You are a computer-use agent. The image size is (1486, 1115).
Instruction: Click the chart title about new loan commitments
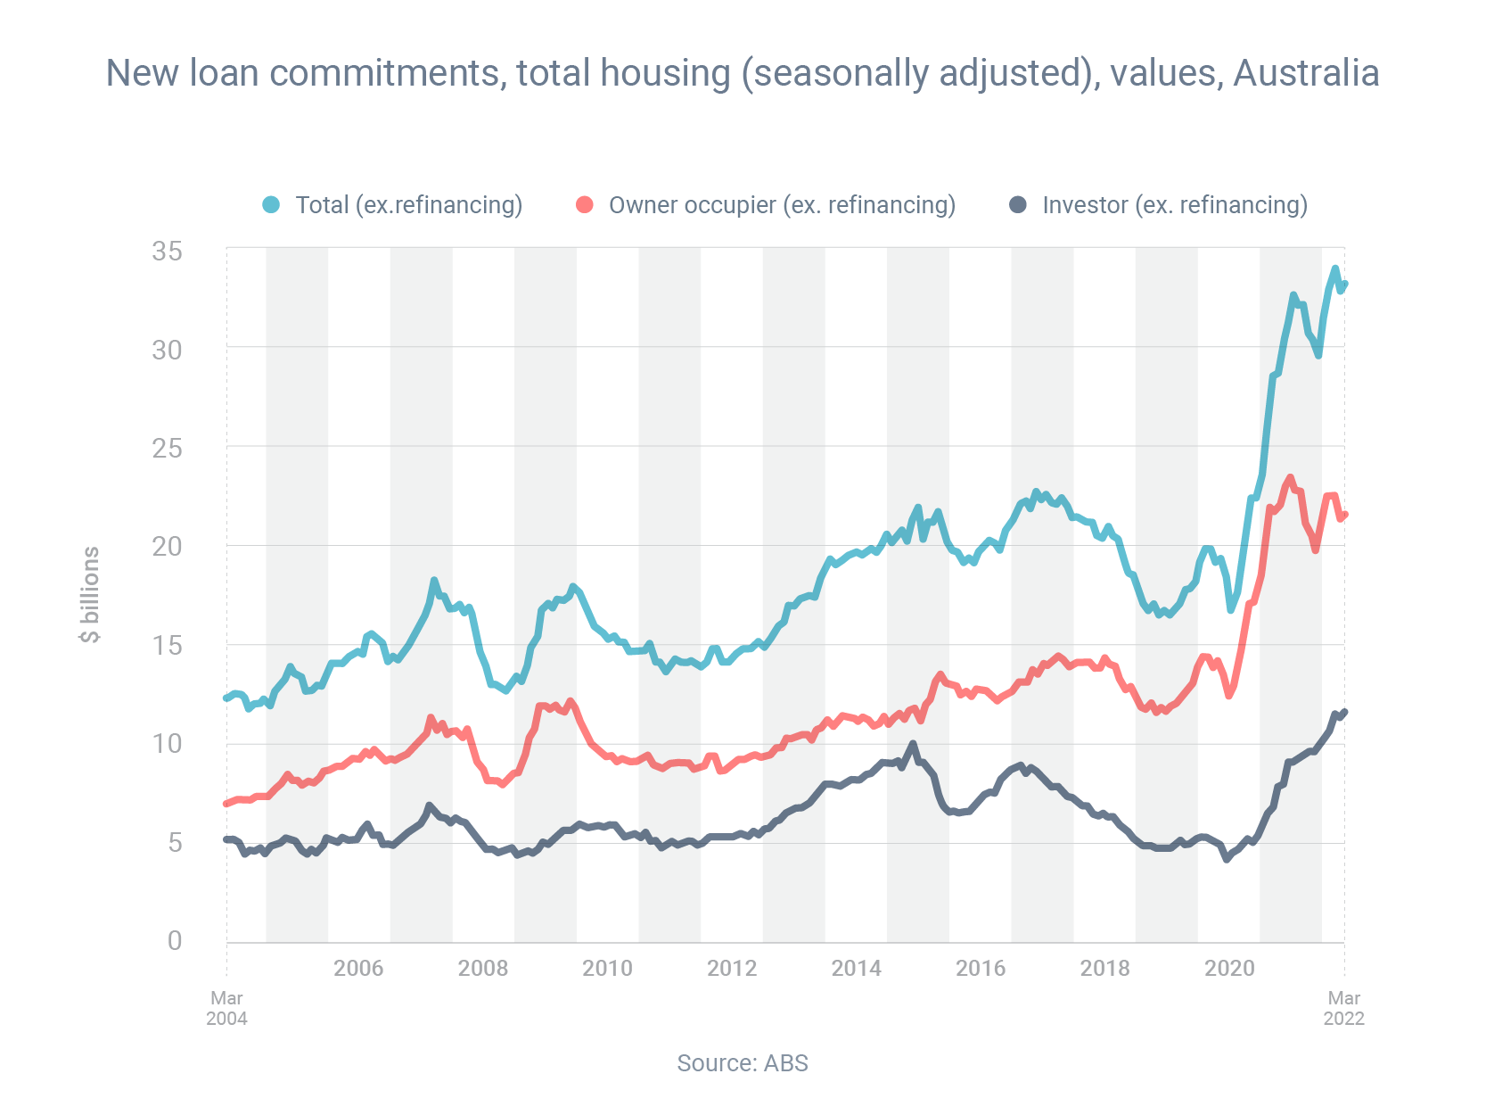[743, 73]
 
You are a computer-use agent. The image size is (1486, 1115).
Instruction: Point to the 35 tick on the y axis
[167, 252]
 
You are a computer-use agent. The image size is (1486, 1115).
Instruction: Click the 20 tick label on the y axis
[167, 546]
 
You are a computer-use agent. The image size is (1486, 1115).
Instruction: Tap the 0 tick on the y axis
[175, 941]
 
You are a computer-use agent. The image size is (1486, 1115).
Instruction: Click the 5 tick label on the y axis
[175, 842]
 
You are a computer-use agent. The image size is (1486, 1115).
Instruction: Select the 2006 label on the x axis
[358, 969]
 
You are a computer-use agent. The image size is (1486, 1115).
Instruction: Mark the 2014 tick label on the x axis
[856, 969]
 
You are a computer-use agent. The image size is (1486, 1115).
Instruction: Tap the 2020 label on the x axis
[1229, 969]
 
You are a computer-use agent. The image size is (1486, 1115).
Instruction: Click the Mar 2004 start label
[226, 1008]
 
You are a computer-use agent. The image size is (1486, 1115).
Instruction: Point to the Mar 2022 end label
[1343, 1008]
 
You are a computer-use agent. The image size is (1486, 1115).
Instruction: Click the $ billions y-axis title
[90, 594]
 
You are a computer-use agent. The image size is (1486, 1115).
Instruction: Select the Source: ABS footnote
[743, 1063]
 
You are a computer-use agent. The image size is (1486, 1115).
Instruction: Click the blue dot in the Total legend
[271, 205]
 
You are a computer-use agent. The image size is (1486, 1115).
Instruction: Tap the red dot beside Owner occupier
[585, 205]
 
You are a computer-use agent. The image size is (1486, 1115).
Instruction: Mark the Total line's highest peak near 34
[1334, 268]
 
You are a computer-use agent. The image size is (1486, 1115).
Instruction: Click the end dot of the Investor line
[1344, 712]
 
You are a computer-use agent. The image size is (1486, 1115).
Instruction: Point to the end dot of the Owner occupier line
[1344, 515]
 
